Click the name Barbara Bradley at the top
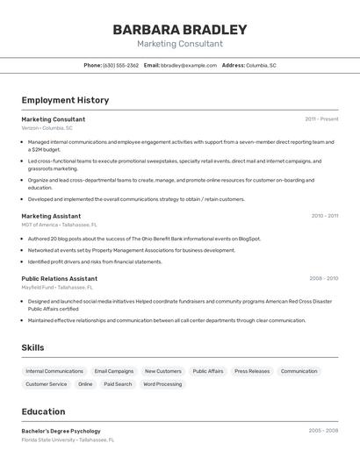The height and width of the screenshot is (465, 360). click(x=180, y=30)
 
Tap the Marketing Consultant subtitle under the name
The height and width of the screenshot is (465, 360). click(x=180, y=44)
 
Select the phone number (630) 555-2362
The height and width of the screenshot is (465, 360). click(x=120, y=66)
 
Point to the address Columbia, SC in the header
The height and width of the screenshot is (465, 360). click(x=261, y=66)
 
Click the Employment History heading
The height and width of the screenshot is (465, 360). click(x=65, y=100)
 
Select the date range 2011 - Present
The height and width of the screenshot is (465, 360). click(x=321, y=119)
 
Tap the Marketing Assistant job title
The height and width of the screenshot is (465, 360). click(x=51, y=216)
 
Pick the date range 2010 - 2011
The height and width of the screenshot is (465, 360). click(x=324, y=216)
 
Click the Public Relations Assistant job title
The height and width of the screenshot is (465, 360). click(x=59, y=278)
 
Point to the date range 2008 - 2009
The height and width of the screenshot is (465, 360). click(x=323, y=278)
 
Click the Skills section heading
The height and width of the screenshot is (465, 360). click(x=32, y=347)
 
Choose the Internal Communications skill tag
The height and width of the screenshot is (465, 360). click(x=54, y=371)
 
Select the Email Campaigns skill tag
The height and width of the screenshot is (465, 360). click(x=114, y=371)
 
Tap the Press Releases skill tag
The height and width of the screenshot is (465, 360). click(x=252, y=371)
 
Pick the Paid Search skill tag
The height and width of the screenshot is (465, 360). click(x=118, y=384)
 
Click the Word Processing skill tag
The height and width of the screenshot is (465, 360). click(x=162, y=384)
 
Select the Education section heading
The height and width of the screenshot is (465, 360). click(x=43, y=411)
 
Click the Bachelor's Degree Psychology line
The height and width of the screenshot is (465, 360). click(x=61, y=431)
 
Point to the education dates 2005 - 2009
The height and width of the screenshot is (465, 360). click(x=323, y=431)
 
